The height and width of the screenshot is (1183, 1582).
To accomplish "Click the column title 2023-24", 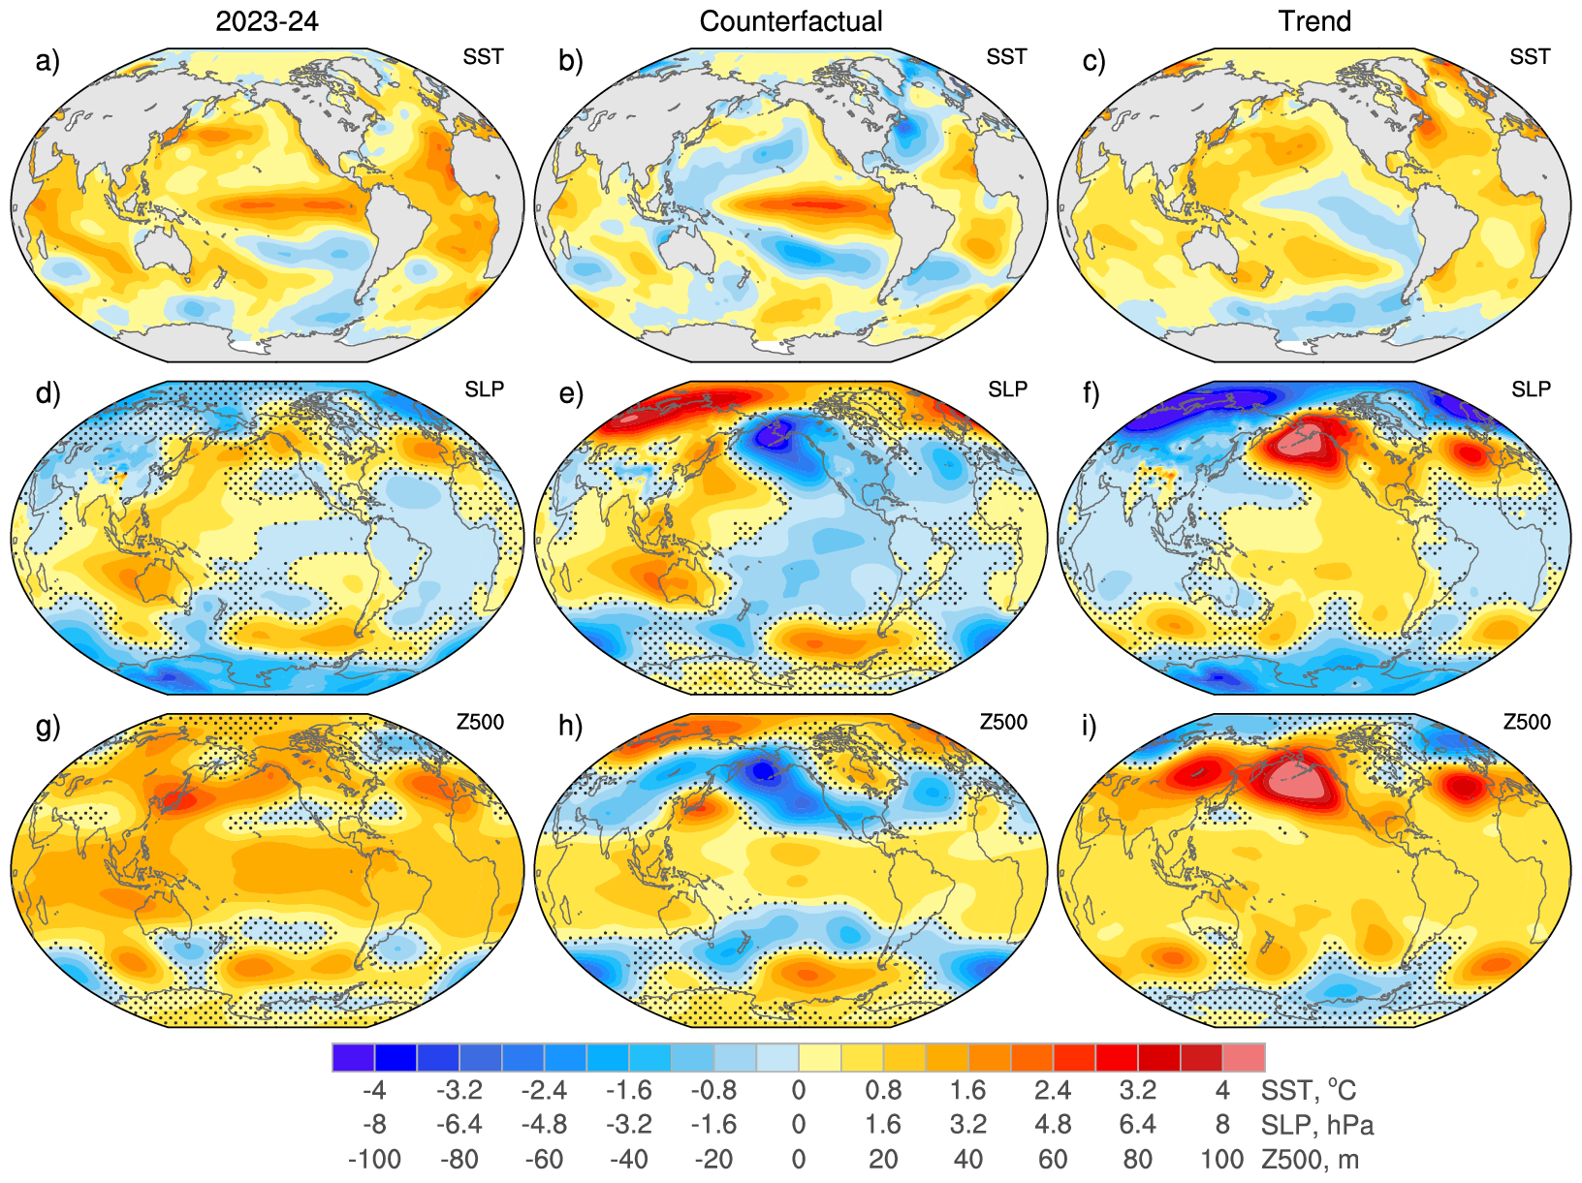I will [267, 21].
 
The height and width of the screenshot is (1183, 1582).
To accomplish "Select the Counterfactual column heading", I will [791, 21].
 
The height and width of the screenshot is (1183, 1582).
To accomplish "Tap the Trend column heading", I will [1314, 21].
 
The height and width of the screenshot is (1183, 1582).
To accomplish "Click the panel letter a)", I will [47, 61].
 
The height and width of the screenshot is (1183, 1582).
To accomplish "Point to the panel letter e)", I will [572, 393].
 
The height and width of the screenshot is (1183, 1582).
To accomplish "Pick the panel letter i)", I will [1094, 726].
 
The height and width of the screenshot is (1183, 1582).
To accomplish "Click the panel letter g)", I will [47, 726].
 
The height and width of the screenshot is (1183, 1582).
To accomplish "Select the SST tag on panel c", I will [1530, 57].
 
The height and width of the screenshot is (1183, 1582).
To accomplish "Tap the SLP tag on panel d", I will [484, 389].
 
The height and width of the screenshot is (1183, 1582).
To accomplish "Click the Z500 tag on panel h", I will [1003, 722].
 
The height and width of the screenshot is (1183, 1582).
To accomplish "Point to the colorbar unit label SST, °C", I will [1308, 1091].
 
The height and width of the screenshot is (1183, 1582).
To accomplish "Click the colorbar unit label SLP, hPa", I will [1317, 1125].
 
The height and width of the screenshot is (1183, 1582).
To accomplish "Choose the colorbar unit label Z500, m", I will [1310, 1159].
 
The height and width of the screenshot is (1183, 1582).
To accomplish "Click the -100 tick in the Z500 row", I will [374, 1159].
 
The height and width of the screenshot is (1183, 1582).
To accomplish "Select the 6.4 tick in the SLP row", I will [1137, 1125].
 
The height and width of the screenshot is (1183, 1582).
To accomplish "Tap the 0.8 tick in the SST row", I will [883, 1091].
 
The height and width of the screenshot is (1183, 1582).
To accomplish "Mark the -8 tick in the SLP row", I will [374, 1125].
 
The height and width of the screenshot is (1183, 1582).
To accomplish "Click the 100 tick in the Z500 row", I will [1221, 1159].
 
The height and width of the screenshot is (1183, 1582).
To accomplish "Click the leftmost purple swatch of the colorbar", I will [353, 1057].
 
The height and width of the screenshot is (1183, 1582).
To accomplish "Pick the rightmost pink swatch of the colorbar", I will [1244, 1057].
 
